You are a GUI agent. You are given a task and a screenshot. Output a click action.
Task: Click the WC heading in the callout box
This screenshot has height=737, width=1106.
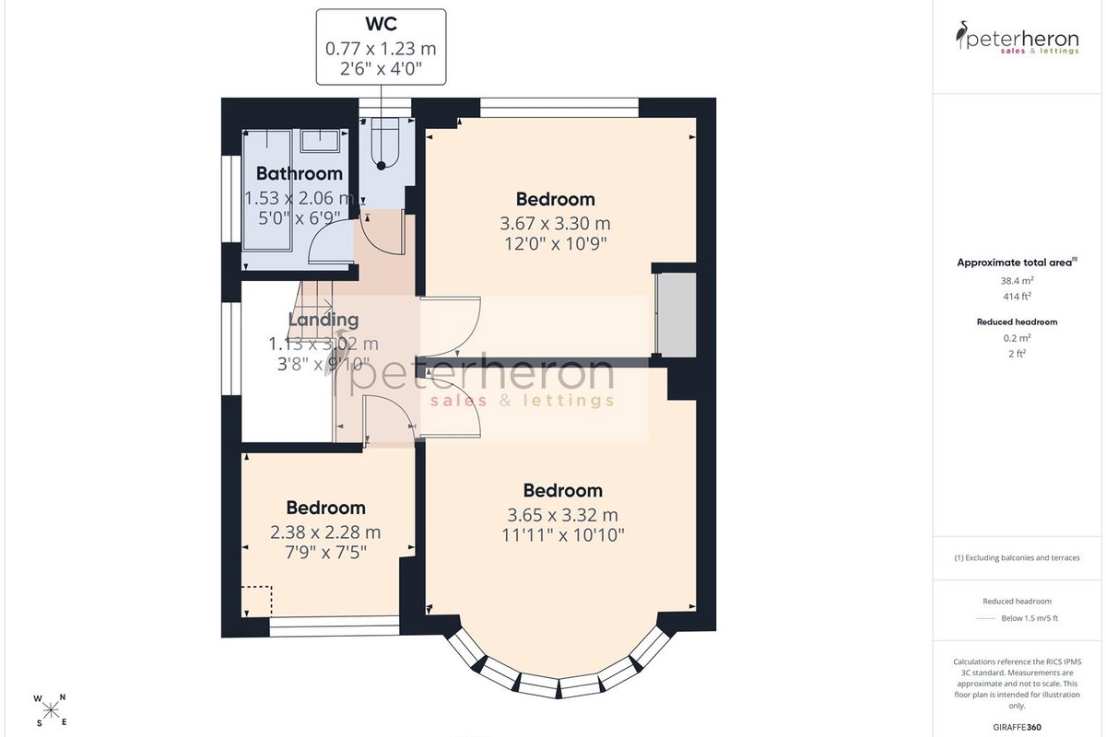point(382,24)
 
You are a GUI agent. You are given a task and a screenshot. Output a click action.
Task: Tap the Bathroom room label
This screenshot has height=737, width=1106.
point(300,173)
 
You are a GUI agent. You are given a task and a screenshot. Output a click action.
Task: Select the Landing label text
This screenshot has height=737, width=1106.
point(324,320)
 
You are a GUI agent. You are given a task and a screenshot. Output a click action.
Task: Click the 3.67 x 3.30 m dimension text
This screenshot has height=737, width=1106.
point(555,224)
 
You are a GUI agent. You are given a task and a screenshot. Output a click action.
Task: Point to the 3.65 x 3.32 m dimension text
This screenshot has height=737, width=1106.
point(562,515)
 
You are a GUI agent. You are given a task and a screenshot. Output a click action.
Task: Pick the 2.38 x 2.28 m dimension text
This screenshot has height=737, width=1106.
point(325,532)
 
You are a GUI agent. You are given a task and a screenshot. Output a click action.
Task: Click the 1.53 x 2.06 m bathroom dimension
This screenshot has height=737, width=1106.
point(300,198)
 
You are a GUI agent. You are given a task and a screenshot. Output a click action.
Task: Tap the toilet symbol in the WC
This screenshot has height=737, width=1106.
point(384,143)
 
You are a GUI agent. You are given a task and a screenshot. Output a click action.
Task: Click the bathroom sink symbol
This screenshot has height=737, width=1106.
point(320,141)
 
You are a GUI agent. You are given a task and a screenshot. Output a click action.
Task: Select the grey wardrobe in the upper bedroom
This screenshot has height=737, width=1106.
point(676,314)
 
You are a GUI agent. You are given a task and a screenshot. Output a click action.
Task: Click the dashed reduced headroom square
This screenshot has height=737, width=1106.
point(257,601)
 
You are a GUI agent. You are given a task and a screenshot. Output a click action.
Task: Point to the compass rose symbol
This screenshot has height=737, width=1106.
point(51,711)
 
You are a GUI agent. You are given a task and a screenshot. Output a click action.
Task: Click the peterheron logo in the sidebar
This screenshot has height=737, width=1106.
point(1018,38)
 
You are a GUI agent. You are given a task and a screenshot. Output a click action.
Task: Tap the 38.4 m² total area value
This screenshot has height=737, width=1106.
point(1018,280)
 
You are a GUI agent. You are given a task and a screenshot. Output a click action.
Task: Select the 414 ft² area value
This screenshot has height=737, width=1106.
point(1018,297)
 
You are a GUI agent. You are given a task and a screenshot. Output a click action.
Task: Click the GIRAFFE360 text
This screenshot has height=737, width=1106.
point(1018,727)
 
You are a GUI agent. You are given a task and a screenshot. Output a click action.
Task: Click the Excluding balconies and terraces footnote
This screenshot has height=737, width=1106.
point(1018,557)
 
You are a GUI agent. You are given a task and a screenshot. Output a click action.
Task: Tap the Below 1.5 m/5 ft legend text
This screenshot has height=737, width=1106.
point(1030,618)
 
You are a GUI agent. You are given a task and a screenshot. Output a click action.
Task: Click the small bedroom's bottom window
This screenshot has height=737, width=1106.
point(335,626)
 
